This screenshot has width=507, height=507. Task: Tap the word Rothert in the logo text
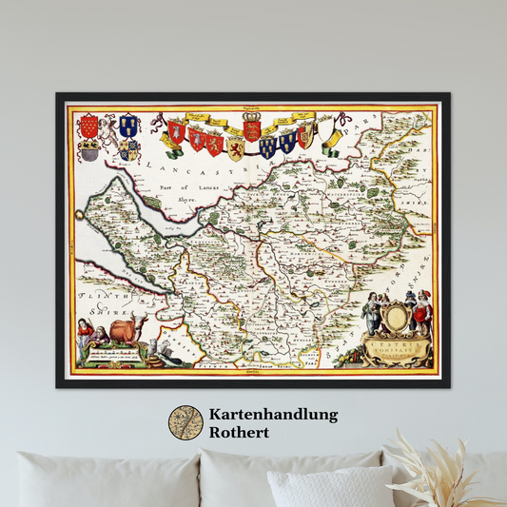tap(241, 432)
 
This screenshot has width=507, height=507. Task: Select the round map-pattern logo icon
tap(185, 422)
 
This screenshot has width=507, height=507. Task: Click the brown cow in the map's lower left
tap(125, 330)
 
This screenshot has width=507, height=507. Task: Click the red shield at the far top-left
tap(88, 126)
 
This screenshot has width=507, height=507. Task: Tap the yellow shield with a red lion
tap(235, 148)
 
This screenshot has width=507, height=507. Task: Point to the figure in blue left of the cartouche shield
tap(371, 313)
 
